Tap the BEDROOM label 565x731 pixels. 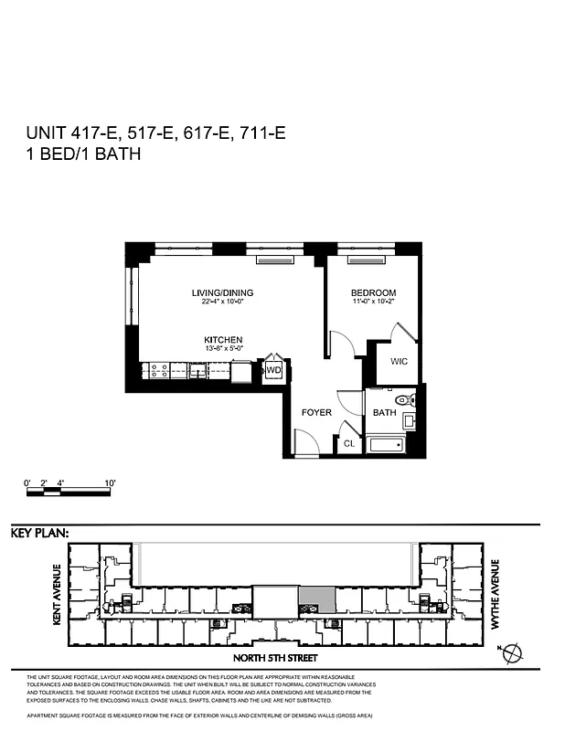(x=372, y=293)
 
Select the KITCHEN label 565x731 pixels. (x=223, y=340)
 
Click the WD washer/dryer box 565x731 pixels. (x=273, y=370)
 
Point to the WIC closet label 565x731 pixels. (x=399, y=362)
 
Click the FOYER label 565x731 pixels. (x=316, y=413)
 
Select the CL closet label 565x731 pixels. (x=348, y=443)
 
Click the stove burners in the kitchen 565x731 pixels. (x=157, y=371)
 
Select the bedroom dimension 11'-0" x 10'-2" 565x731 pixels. (x=372, y=303)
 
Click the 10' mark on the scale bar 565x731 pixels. (x=109, y=482)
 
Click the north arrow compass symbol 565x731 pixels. (x=514, y=652)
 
